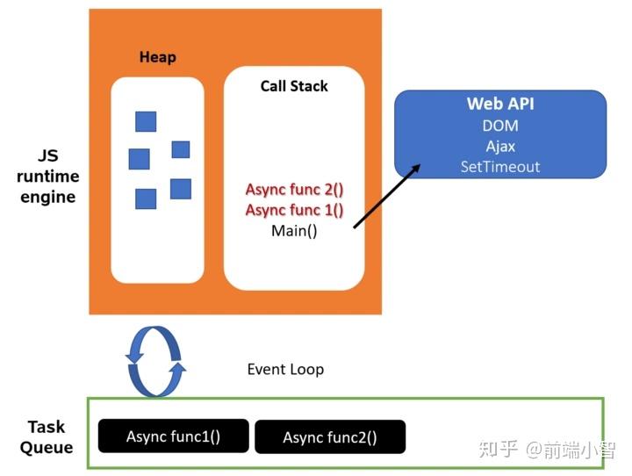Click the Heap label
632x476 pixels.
click(x=158, y=57)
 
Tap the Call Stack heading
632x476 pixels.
click(x=294, y=86)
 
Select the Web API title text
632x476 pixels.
click(x=500, y=104)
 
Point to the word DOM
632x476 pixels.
click(x=500, y=126)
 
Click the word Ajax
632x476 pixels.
click(x=500, y=147)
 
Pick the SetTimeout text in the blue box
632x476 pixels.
click(x=500, y=167)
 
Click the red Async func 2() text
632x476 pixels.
click(x=294, y=190)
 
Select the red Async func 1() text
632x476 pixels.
click(x=294, y=210)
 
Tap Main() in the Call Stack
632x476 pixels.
click(x=294, y=231)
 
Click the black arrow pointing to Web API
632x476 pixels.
click(x=387, y=196)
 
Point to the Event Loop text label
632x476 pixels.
click(x=285, y=369)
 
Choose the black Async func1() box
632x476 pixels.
click(x=173, y=436)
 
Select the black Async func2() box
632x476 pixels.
click(x=330, y=436)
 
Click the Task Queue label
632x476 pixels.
click(x=47, y=436)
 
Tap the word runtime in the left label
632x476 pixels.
click(x=48, y=177)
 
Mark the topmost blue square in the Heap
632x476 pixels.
click(x=146, y=121)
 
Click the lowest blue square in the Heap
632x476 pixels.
click(x=146, y=198)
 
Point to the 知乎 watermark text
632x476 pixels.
click(x=499, y=450)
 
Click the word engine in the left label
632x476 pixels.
click(x=48, y=198)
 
